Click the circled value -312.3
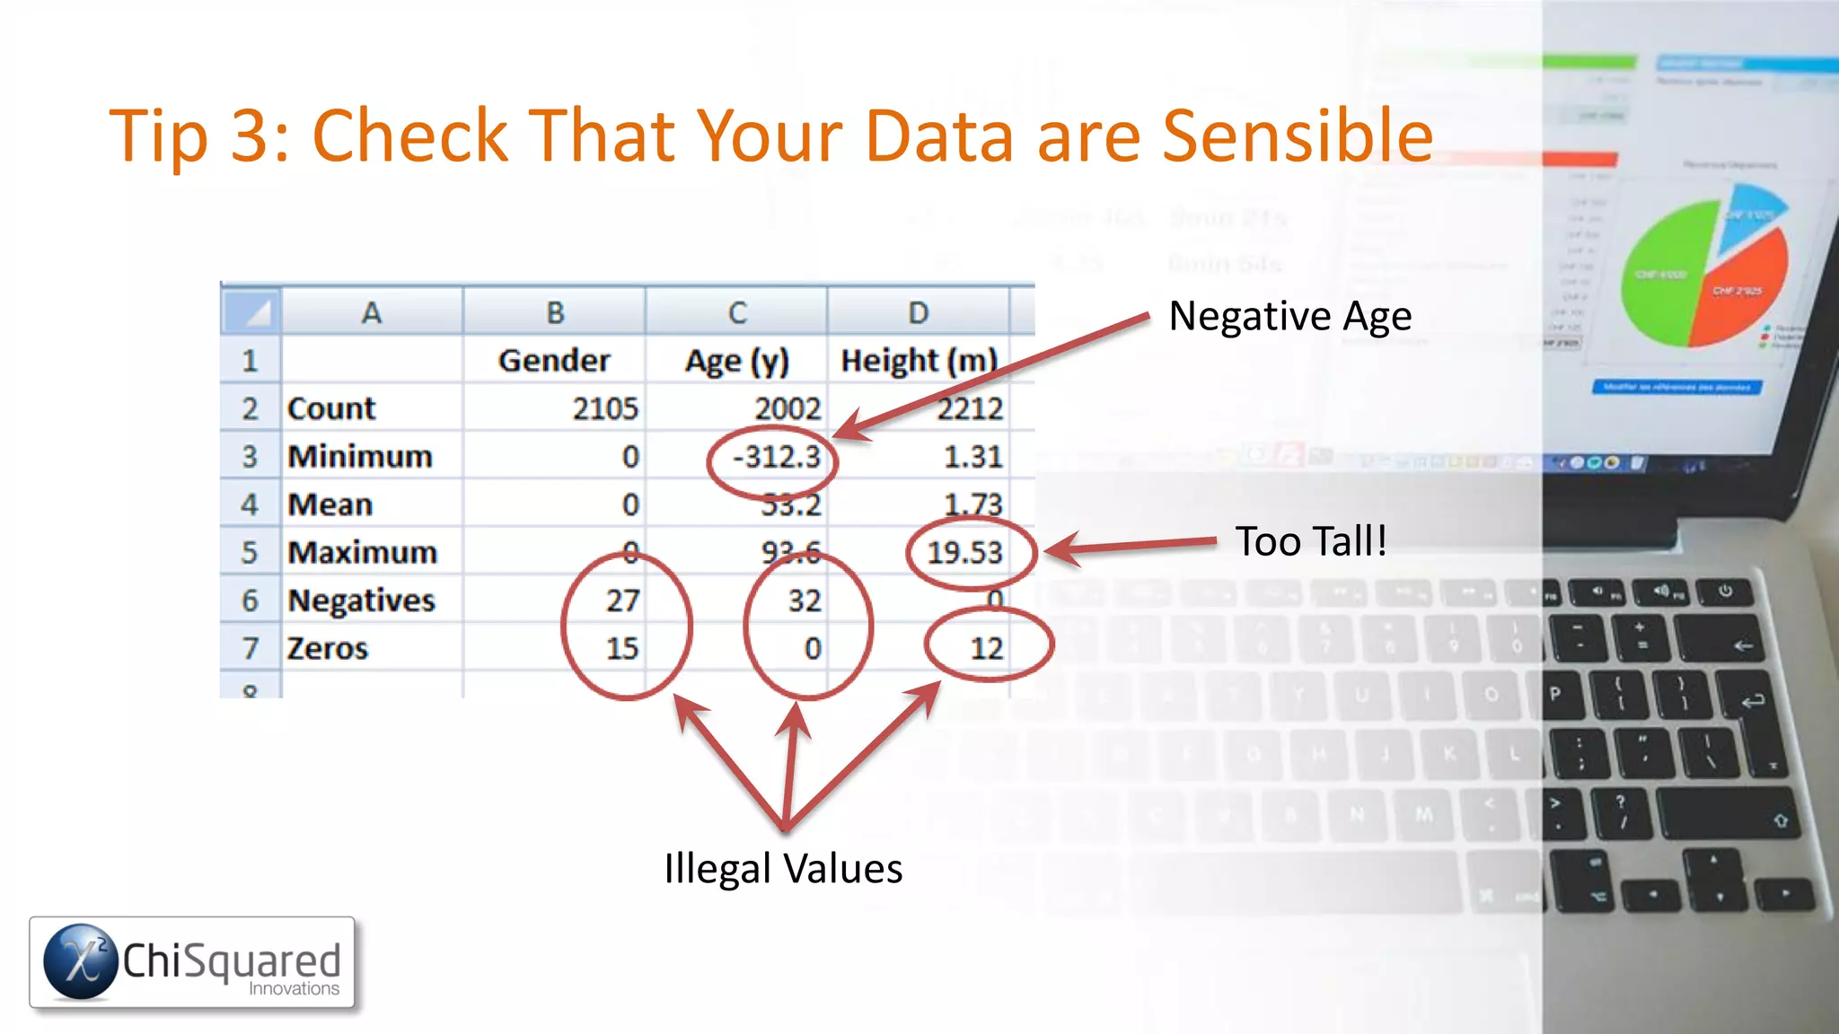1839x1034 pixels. (x=777, y=457)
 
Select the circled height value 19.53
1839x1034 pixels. (x=964, y=552)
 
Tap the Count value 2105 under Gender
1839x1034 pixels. (x=605, y=409)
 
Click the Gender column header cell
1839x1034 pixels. (x=554, y=361)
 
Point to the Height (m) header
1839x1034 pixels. (x=919, y=361)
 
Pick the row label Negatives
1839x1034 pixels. (x=361, y=600)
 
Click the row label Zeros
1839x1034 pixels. (x=328, y=648)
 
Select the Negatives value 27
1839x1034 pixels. (x=622, y=600)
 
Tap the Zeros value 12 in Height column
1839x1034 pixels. (x=986, y=648)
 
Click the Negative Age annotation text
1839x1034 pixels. (x=1289, y=316)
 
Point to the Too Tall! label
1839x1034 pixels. (x=1311, y=541)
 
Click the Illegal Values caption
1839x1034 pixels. (x=783, y=869)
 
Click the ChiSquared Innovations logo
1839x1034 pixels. (x=192, y=962)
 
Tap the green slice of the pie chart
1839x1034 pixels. (x=1666, y=269)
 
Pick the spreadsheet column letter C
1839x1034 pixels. (x=736, y=312)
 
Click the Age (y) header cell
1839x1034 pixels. (x=736, y=361)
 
